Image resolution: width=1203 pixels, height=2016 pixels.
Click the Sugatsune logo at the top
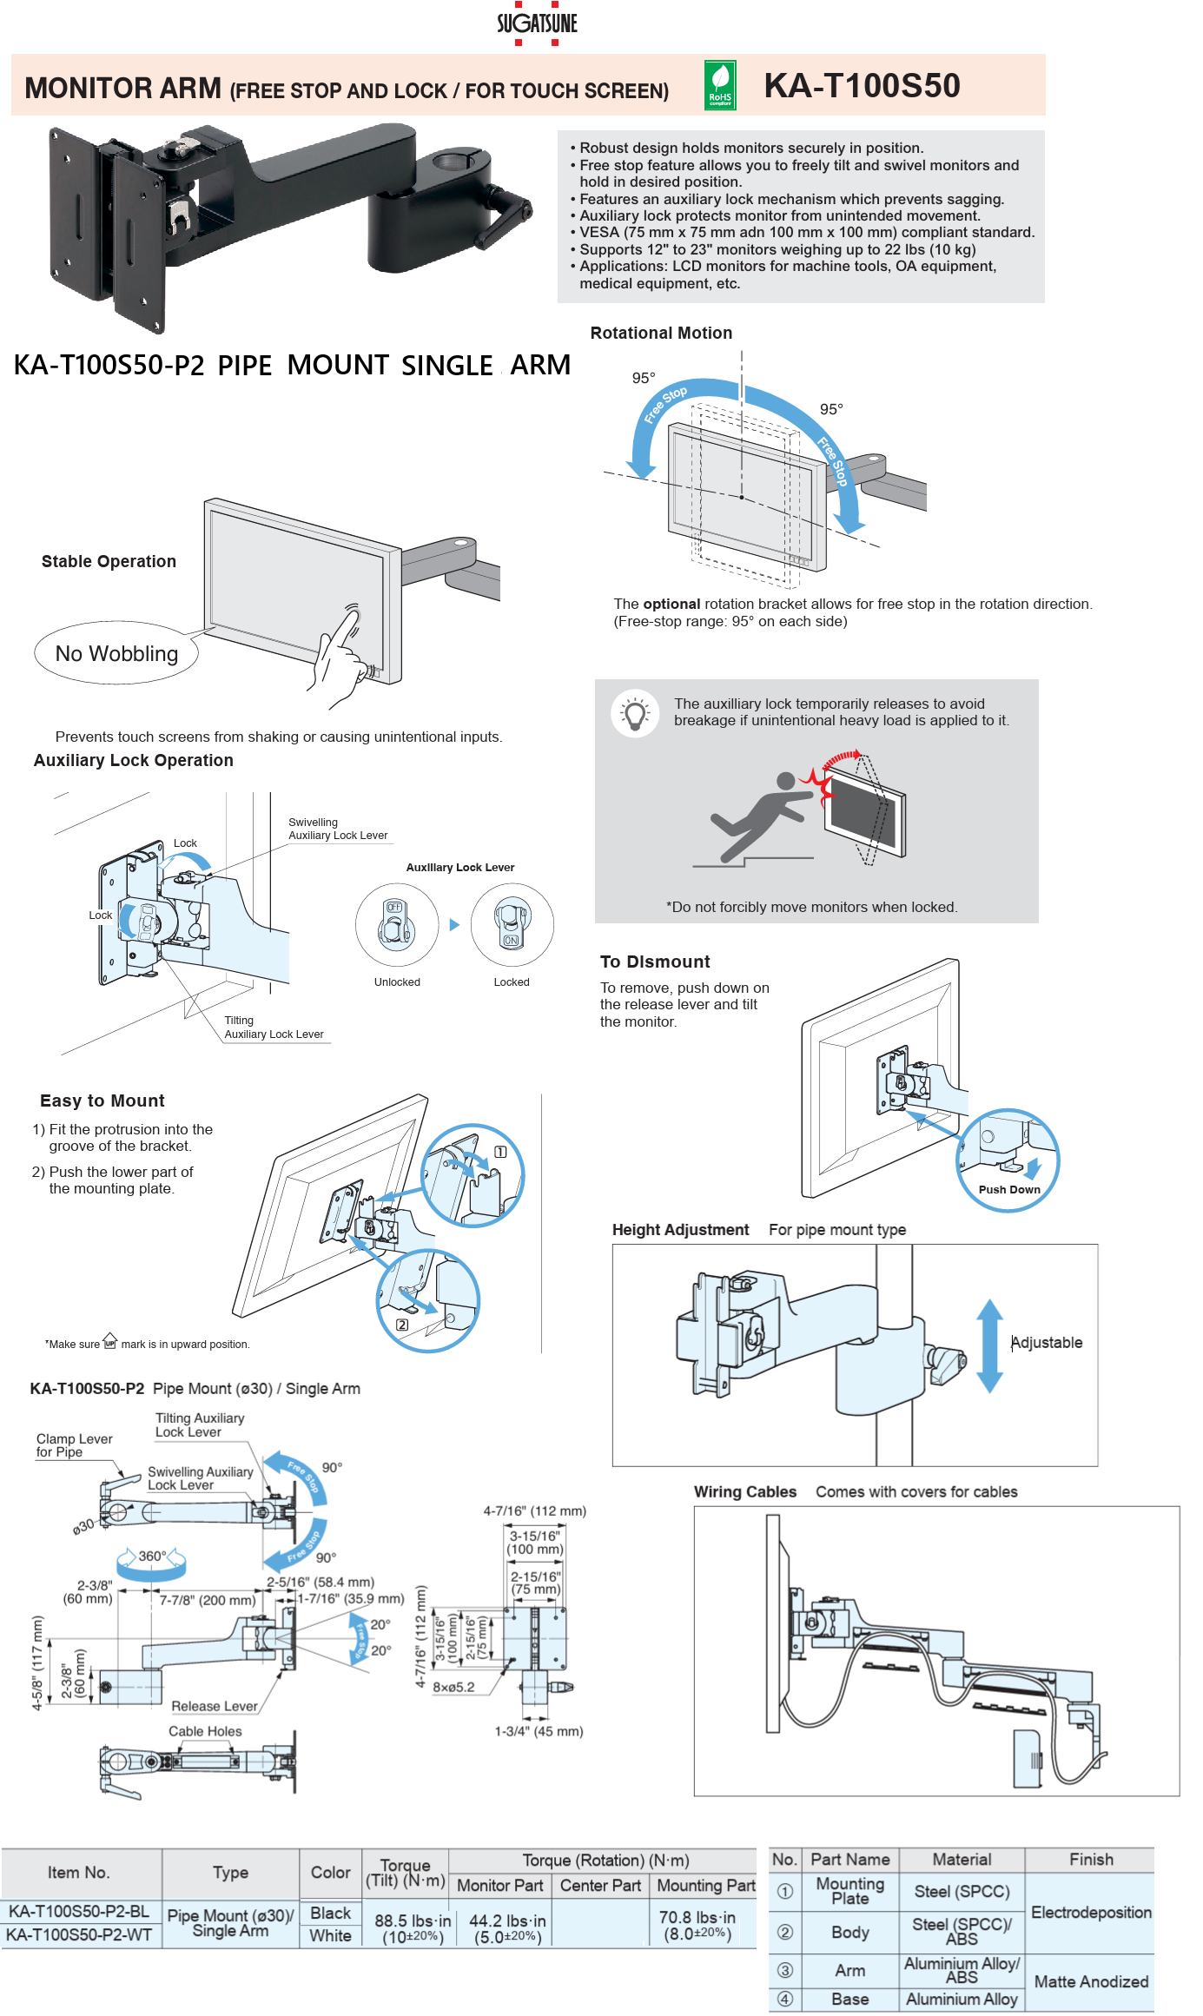(537, 23)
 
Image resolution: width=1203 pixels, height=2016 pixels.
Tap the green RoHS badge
(720, 85)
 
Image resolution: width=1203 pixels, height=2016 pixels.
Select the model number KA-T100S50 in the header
(862, 85)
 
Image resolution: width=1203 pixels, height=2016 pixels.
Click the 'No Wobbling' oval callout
(116, 653)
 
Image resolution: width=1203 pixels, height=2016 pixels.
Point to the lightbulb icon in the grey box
(635, 714)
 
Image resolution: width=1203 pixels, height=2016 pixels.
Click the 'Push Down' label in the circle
(1009, 1189)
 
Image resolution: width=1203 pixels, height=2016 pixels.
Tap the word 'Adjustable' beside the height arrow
(1047, 1342)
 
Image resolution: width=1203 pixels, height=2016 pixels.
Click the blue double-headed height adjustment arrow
(989, 1345)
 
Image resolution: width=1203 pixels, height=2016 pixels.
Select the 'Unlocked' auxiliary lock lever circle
(396, 924)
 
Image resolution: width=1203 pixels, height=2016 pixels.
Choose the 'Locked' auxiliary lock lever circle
(512, 924)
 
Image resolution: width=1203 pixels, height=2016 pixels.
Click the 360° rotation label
(152, 1556)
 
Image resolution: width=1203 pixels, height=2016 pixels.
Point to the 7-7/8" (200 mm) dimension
(208, 1600)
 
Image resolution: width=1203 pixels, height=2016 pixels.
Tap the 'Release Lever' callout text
(215, 1706)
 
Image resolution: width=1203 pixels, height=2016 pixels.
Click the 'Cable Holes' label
(205, 1731)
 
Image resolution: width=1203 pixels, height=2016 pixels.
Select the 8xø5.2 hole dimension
(453, 1687)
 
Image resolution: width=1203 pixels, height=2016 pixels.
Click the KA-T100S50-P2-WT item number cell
(79, 1934)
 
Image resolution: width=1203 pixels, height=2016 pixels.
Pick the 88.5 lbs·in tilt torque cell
(413, 1927)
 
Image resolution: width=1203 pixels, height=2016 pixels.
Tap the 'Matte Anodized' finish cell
(1091, 1981)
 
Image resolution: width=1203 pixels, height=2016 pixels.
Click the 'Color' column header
(330, 1873)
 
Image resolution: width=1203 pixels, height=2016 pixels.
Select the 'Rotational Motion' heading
(661, 333)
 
